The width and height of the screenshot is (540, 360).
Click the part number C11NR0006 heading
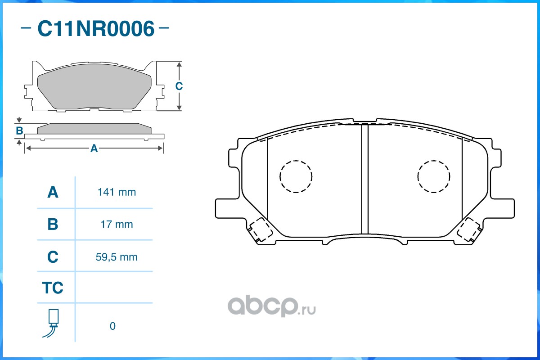(96, 29)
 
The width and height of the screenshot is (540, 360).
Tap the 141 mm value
(117, 192)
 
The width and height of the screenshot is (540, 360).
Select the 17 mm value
(117, 225)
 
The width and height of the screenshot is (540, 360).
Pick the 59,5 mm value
(117, 257)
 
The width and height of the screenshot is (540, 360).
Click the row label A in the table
(53, 192)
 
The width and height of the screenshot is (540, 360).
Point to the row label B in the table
(53, 224)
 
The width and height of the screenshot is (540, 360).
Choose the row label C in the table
(53, 256)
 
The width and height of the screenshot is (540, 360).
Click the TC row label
(53, 288)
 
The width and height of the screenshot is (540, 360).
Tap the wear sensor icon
(51, 324)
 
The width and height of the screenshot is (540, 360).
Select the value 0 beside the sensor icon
(112, 326)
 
